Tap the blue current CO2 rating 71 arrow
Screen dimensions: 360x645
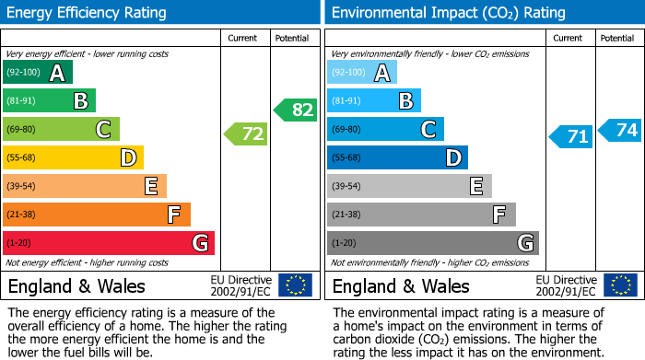point(571,136)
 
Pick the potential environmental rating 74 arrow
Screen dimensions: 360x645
point(620,130)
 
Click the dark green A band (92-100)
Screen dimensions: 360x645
point(38,73)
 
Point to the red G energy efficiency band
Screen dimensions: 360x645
point(109,243)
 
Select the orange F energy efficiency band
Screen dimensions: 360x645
point(97,215)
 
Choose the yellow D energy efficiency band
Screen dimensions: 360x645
point(74,157)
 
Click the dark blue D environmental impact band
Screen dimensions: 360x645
point(397,157)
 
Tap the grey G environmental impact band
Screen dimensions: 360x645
point(432,243)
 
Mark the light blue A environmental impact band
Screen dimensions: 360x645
point(362,73)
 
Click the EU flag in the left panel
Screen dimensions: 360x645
point(296,285)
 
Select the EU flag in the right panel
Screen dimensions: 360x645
point(620,285)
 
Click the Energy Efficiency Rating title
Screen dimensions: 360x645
point(88,13)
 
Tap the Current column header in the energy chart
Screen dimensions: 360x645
point(244,38)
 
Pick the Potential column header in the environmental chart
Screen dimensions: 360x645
point(616,38)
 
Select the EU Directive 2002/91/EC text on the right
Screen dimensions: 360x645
point(566,285)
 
